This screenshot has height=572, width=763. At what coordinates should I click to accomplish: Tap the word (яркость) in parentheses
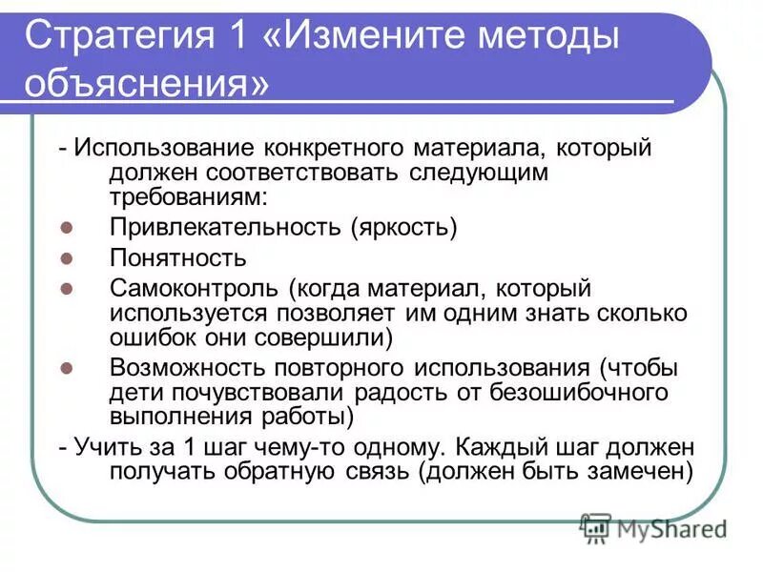click(x=403, y=228)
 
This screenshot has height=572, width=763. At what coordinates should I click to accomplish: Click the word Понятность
click(x=178, y=258)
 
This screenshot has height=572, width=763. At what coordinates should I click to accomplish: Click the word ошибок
click(x=152, y=337)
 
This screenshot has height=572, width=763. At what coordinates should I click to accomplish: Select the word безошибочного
click(x=584, y=392)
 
